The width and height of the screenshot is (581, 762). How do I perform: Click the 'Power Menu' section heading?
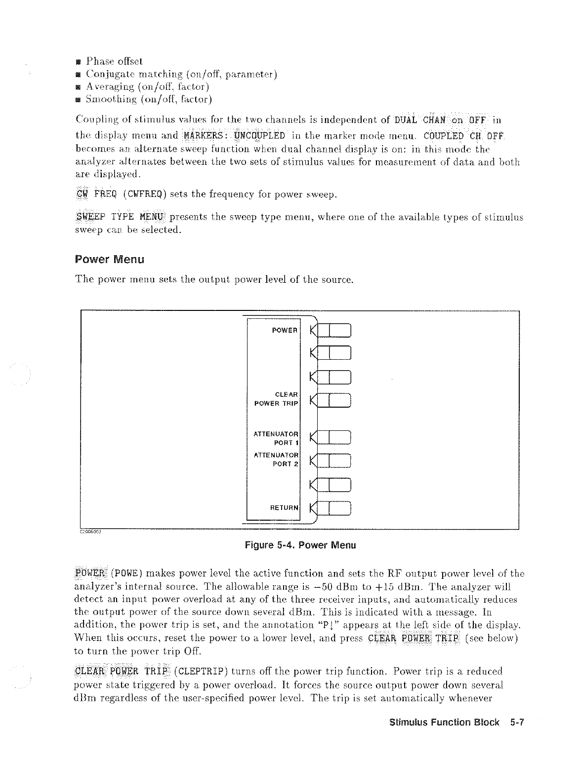point(109,259)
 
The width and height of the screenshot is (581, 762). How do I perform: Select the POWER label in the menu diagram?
point(284,330)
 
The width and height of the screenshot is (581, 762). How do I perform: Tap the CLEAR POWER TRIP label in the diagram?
point(276,399)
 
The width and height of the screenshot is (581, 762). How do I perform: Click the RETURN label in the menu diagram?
point(284,507)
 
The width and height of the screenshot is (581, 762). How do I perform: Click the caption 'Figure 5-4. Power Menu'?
point(300,545)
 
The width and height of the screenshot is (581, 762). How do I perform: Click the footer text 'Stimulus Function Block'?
point(444,723)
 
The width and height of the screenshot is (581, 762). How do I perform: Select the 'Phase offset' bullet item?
point(114,62)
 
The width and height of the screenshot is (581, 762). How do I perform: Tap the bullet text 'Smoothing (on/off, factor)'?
point(149,100)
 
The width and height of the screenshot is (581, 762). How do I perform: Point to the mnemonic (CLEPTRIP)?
point(202,671)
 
